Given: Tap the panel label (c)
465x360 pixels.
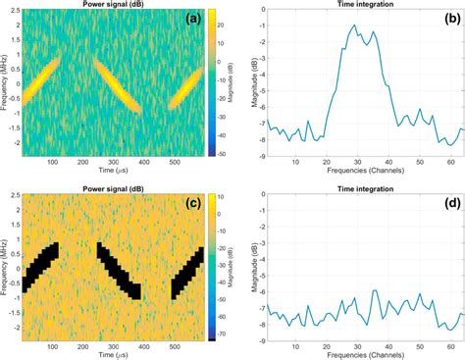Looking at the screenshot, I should click(x=186, y=203).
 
